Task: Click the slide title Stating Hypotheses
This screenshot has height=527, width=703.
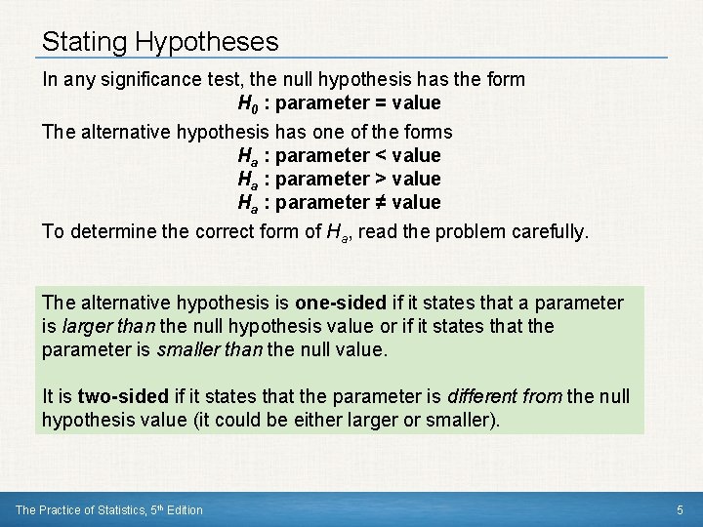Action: click(160, 42)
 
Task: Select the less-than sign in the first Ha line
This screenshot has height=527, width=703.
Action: click(380, 155)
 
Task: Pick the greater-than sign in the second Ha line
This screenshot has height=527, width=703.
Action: click(380, 179)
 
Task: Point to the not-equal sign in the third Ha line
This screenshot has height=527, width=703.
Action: click(380, 202)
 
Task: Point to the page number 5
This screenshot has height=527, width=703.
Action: click(680, 509)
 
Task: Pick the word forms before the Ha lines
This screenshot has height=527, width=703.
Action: click(427, 130)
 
